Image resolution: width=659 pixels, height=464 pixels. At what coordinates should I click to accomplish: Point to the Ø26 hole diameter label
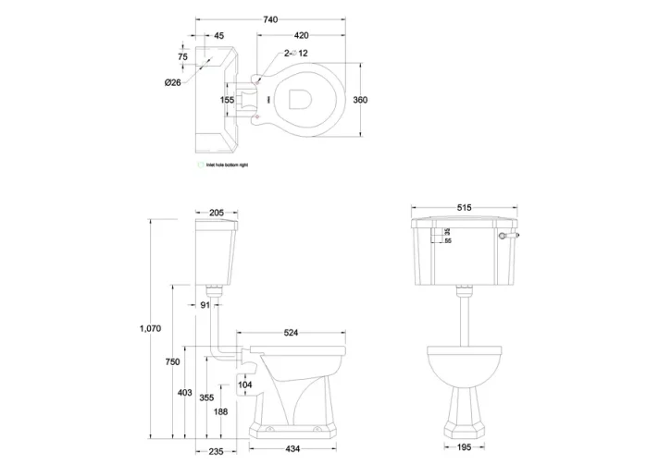click(x=171, y=83)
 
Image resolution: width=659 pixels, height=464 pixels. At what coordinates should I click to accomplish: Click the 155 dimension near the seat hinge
click(x=228, y=100)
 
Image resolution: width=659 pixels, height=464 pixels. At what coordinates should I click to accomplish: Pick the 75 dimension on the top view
click(x=182, y=55)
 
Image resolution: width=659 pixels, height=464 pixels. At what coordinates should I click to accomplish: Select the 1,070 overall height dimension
click(x=149, y=328)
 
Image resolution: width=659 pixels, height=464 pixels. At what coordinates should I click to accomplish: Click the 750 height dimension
click(x=172, y=362)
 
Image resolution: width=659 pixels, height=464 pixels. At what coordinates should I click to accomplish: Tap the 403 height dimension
click(x=185, y=394)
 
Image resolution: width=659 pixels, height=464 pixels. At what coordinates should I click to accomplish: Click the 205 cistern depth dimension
click(x=218, y=213)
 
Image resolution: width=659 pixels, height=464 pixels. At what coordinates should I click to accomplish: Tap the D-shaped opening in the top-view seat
click(x=301, y=100)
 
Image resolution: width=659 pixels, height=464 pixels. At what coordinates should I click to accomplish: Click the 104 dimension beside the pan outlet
click(x=244, y=384)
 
